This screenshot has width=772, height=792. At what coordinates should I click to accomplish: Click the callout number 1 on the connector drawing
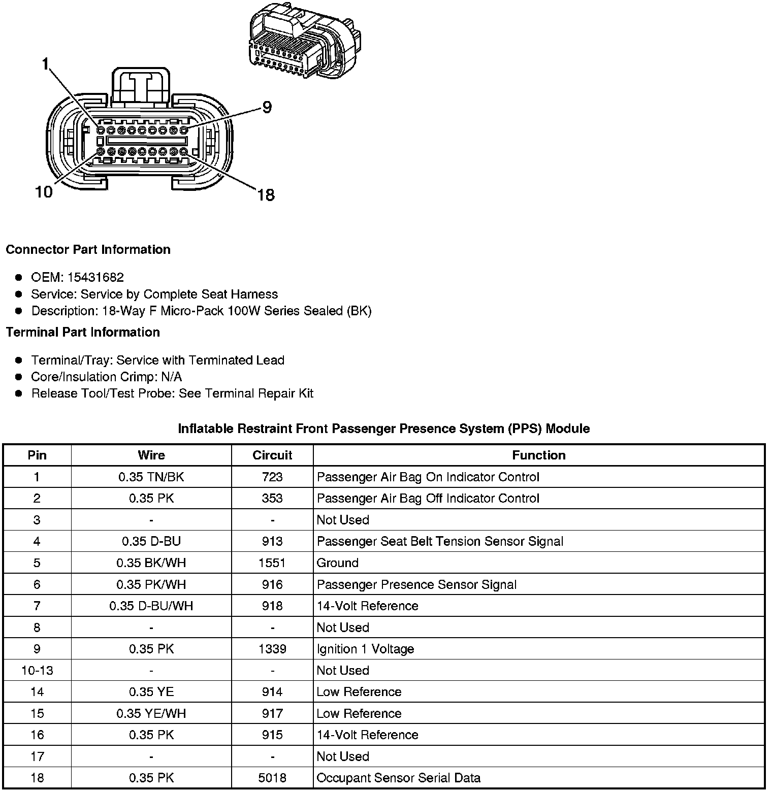click(46, 64)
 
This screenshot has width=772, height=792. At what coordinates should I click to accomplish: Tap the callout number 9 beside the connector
click(267, 107)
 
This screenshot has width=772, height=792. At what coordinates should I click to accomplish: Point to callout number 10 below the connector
click(44, 192)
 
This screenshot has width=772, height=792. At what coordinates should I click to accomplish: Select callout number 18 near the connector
click(266, 194)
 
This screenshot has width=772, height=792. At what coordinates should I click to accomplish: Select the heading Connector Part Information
click(88, 249)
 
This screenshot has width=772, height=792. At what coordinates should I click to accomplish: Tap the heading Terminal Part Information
click(83, 332)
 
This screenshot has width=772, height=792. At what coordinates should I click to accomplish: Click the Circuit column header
click(272, 455)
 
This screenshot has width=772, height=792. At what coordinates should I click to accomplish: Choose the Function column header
click(538, 455)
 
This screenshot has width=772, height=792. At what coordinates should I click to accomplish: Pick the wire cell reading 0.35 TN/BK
click(151, 477)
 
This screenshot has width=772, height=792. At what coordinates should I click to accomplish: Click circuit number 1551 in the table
click(272, 563)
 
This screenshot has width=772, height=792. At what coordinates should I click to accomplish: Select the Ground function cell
click(338, 563)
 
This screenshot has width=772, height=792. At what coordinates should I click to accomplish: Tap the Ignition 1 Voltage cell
click(365, 649)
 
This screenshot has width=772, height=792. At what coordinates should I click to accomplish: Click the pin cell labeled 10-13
click(37, 670)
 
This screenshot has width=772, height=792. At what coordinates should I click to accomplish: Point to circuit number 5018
click(272, 778)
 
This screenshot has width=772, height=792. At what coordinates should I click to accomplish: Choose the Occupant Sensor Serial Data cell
click(398, 778)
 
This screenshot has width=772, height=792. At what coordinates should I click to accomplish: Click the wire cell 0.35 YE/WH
click(151, 713)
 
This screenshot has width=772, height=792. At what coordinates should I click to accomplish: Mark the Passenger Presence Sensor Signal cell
click(416, 584)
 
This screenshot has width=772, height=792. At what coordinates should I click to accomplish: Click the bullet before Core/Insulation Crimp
click(19, 377)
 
